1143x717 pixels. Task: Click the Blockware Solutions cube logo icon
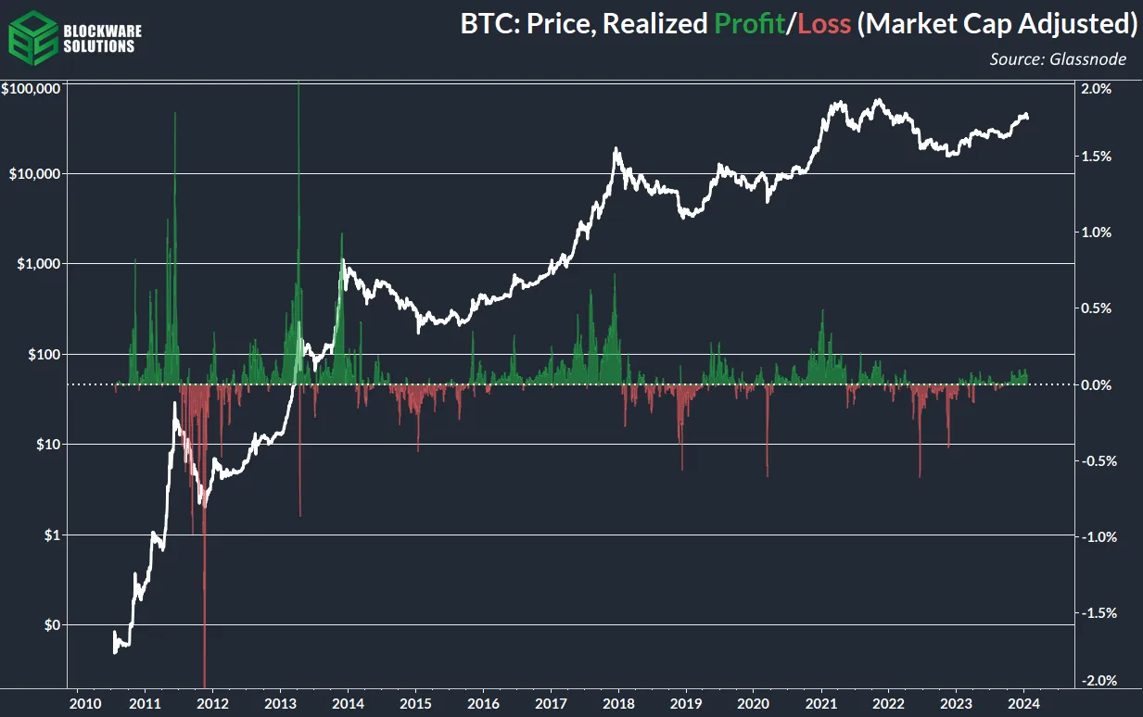pyautogui.click(x=31, y=33)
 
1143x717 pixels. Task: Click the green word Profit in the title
pyautogui.click(x=750, y=24)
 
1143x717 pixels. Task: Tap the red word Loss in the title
pyautogui.click(x=824, y=24)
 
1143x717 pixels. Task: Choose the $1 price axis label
pyautogui.click(x=53, y=535)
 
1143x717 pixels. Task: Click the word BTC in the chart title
pyautogui.click(x=489, y=24)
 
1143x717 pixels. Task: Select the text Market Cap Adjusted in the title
pyautogui.click(x=997, y=24)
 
